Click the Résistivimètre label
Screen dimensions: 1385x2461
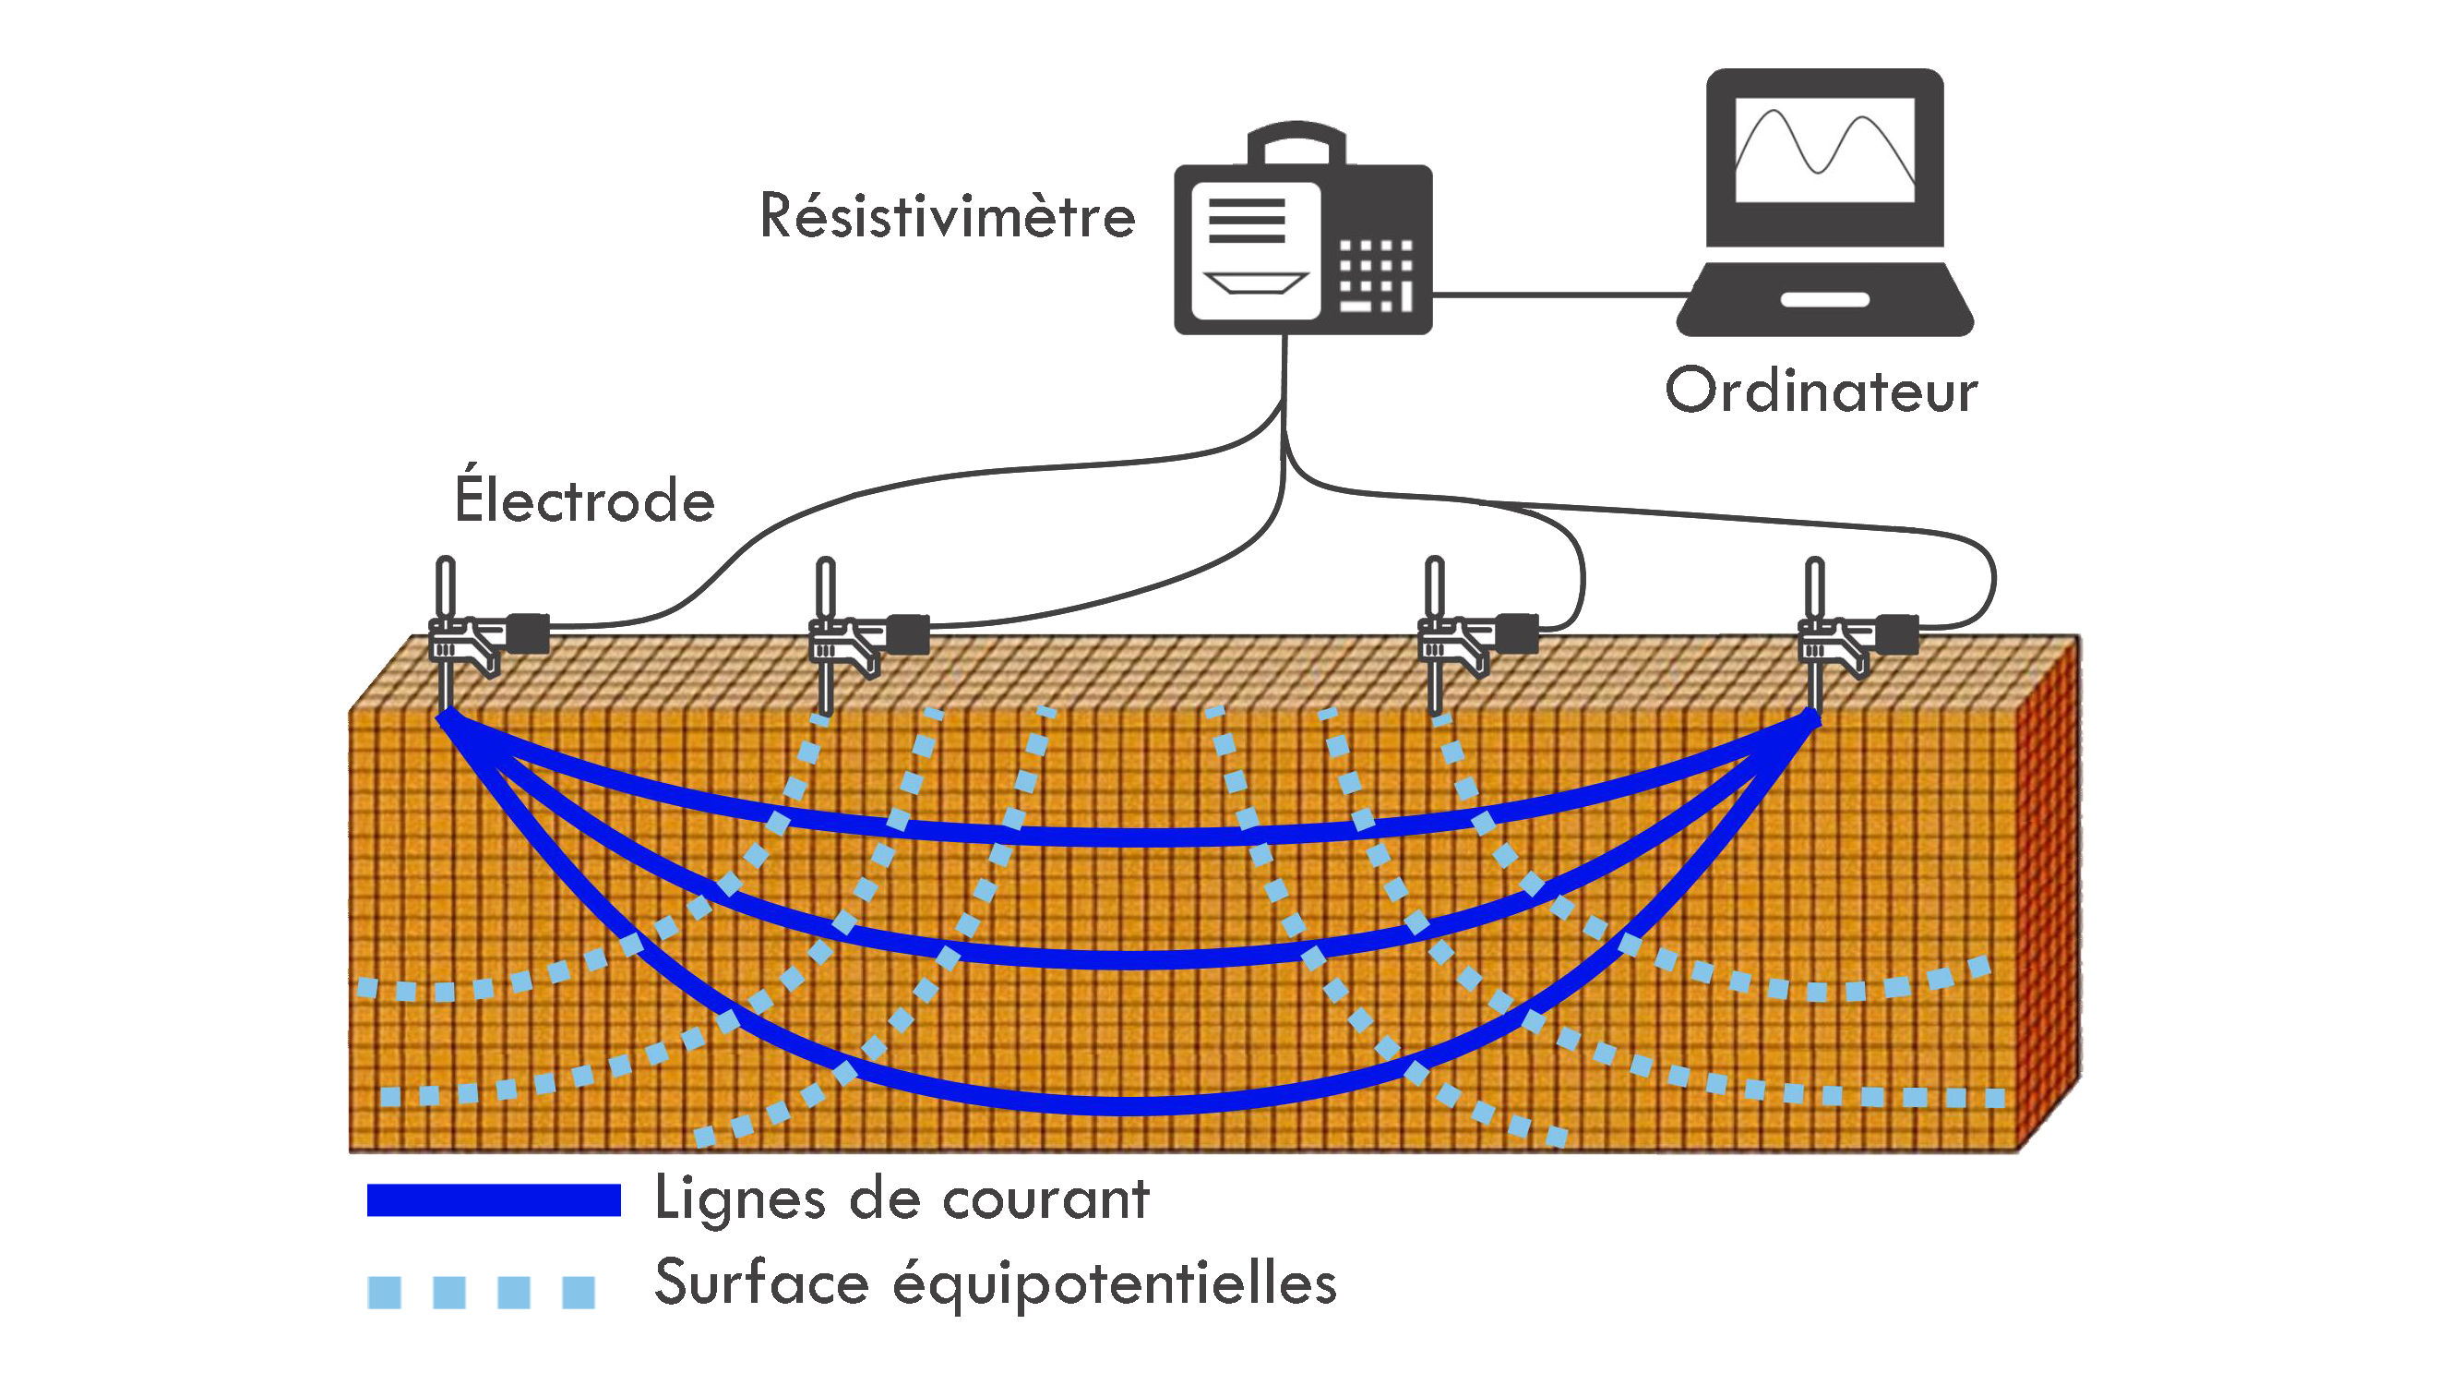click(x=947, y=216)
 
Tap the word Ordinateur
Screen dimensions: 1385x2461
click(x=1821, y=391)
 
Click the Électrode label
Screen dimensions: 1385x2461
click(x=584, y=499)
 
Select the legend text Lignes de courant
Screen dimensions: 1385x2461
click(x=901, y=1198)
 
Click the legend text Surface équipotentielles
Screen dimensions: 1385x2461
click(x=995, y=1283)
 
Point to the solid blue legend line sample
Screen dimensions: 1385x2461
click(x=493, y=1199)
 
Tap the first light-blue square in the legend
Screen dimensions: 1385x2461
click(x=384, y=1293)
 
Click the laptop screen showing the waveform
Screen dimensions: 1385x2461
click(x=1823, y=151)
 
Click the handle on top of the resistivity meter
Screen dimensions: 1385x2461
click(x=1296, y=139)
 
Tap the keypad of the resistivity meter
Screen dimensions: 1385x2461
click(x=1376, y=276)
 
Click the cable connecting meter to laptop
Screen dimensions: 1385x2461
click(x=1558, y=295)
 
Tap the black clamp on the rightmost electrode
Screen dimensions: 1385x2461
click(x=1897, y=632)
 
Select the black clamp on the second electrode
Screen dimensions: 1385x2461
click(x=908, y=633)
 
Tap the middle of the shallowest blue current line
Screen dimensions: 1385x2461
click(x=1128, y=838)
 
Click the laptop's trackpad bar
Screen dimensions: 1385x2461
click(x=1824, y=300)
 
